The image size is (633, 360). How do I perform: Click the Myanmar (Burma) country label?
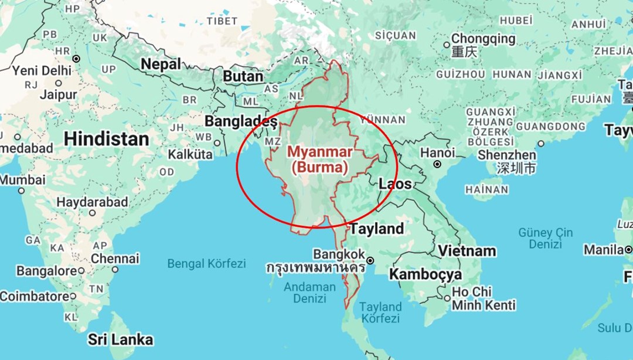[x=320, y=159]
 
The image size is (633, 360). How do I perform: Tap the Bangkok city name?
[x=339, y=254]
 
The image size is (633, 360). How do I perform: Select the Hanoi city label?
[x=437, y=152]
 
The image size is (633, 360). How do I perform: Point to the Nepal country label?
[x=161, y=64]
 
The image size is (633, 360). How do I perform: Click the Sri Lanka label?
[x=121, y=339]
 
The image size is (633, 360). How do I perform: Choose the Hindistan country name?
[x=106, y=139]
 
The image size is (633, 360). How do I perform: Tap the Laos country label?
[x=395, y=184]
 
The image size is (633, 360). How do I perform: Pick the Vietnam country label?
[x=467, y=251]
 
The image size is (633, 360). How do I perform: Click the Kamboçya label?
[x=426, y=274]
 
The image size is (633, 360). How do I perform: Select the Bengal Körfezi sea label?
[x=206, y=263]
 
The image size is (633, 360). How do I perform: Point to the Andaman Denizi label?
[x=310, y=293]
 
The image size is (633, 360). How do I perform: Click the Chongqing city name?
[x=484, y=39]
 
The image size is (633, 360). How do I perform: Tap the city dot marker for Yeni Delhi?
[x=76, y=59]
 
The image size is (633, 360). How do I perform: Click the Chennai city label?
[x=115, y=259]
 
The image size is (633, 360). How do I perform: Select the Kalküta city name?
[x=190, y=155]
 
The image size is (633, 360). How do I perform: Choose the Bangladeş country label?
[x=240, y=121]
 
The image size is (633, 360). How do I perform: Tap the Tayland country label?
[x=377, y=228]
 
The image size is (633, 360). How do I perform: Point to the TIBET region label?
[x=222, y=21]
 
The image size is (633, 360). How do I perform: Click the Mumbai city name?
[x=22, y=179]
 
